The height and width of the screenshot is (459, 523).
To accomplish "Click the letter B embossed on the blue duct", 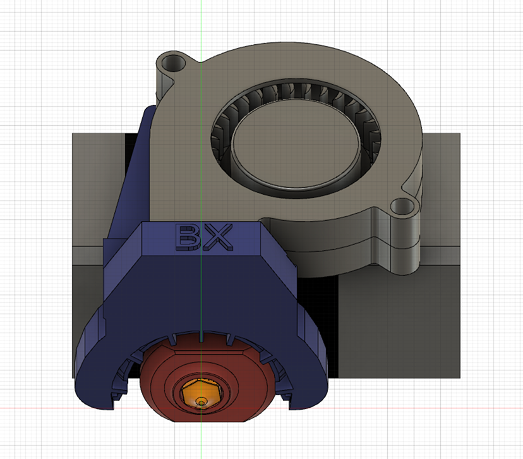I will [x=188, y=236].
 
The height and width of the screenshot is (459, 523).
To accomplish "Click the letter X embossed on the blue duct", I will [x=218, y=236].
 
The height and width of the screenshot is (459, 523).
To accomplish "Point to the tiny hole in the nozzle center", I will [x=201, y=401].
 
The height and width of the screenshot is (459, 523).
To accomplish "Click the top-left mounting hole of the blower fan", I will [x=171, y=63].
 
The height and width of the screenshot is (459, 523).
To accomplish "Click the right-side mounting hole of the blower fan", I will [x=399, y=206].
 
